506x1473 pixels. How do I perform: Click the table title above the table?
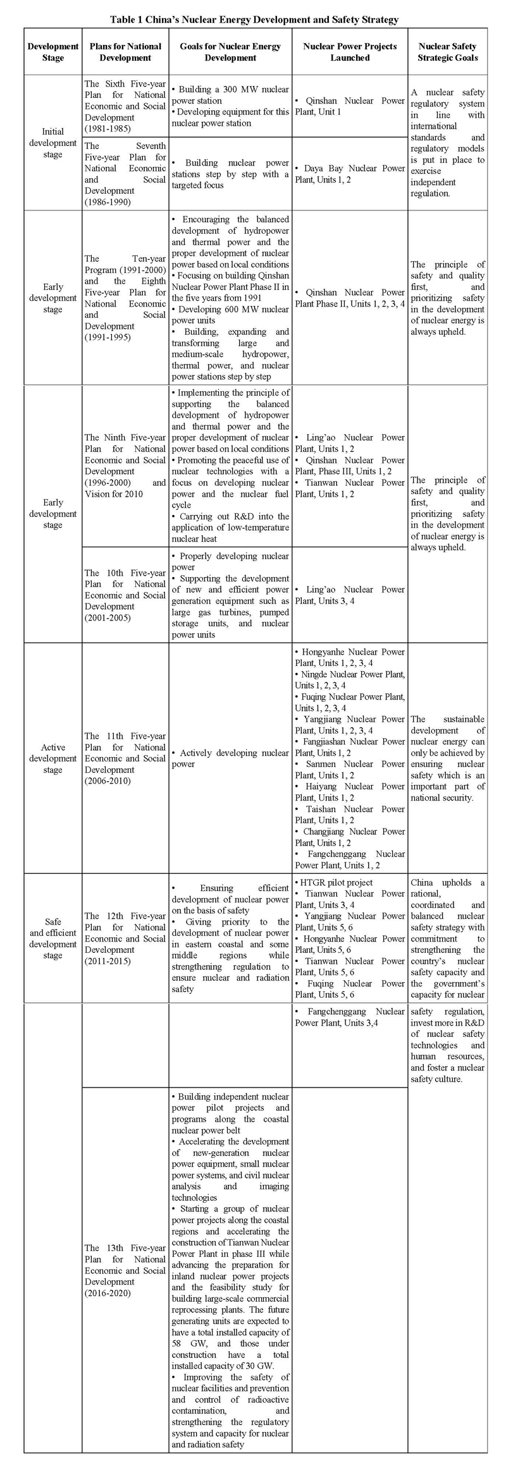coord(254,20)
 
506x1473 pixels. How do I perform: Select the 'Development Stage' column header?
coord(53,52)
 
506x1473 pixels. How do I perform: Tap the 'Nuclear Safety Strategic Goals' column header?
coord(447,52)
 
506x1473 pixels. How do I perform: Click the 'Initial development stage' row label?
coord(53,143)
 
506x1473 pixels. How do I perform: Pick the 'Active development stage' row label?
coord(53,758)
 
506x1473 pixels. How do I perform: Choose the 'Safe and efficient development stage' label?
coord(53,938)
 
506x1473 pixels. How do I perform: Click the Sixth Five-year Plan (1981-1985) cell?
coord(125,106)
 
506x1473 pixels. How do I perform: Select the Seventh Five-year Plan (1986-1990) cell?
coord(125,174)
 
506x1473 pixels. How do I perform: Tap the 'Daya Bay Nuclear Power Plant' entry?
coord(350,174)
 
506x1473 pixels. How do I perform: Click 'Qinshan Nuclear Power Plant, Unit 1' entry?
coord(350,106)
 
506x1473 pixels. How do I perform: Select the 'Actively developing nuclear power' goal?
coord(230,758)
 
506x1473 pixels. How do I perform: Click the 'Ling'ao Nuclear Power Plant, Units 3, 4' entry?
coord(350,595)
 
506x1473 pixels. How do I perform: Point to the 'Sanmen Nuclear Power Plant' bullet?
coord(350,770)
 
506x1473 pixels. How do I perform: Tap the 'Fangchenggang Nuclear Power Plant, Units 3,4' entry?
coord(350,1017)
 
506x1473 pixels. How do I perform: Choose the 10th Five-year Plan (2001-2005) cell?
coord(125,595)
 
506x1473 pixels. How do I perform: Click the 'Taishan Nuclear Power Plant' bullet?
coord(350,815)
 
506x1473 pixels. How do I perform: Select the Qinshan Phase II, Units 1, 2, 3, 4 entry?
coord(350,298)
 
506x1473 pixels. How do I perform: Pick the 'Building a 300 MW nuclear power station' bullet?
coord(230,95)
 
